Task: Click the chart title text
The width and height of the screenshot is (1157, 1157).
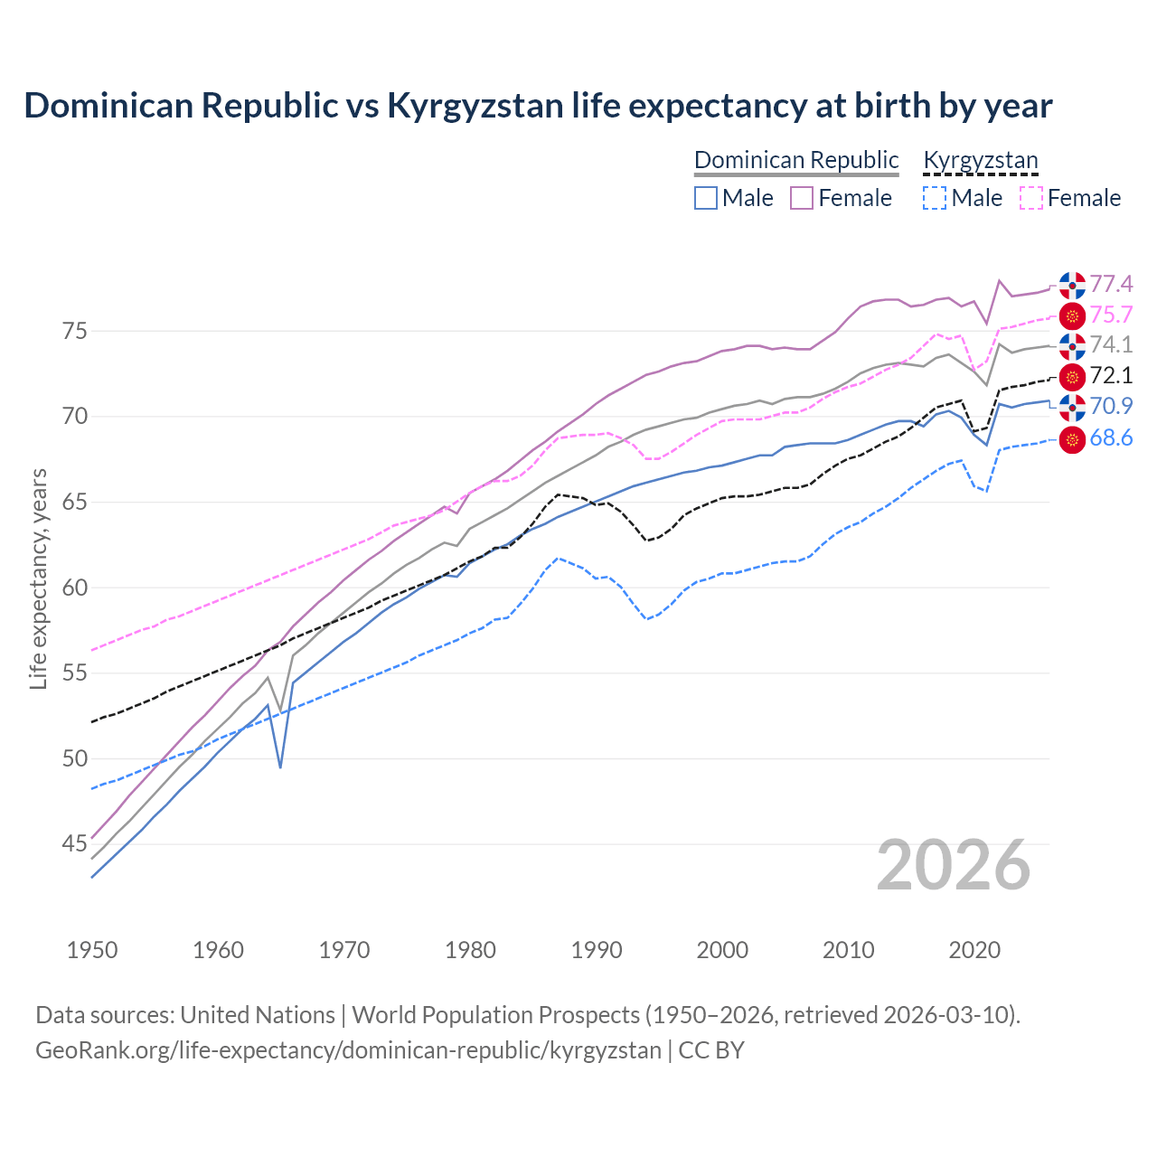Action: coord(538,106)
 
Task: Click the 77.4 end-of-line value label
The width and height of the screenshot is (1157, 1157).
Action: coord(1111,285)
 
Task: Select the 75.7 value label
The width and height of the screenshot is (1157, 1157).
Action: coord(1111,315)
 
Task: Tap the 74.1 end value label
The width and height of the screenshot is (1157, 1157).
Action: coord(1111,345)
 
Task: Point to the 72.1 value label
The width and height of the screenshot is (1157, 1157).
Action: coord(1111,376)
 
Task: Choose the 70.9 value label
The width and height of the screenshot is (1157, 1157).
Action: coord(1111,407)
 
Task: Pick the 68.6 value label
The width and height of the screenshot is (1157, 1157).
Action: coord(1111,438)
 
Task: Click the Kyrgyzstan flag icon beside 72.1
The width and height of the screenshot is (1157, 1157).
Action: coord(1072,376)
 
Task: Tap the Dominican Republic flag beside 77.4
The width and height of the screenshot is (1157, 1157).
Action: coord(1072,285)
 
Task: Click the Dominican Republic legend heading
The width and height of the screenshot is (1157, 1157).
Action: coord(796,160)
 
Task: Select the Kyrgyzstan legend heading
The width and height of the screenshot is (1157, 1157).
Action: coord(981,160)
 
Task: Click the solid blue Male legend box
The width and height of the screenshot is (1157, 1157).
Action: coord(706,198)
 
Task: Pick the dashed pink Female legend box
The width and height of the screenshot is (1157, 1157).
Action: coord(1031,198)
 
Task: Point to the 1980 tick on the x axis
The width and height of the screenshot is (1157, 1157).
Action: coord(470,950)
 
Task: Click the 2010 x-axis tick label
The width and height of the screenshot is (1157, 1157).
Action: coord(848,950)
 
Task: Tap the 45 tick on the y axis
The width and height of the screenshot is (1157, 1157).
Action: coord(75,844)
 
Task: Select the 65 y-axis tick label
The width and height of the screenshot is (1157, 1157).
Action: coord(75,503)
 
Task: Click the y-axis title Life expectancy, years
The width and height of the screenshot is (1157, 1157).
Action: coord(39,578)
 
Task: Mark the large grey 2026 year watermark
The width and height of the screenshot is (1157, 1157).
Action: coord(954,865)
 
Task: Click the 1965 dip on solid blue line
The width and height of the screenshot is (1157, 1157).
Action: coord(280,767)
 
